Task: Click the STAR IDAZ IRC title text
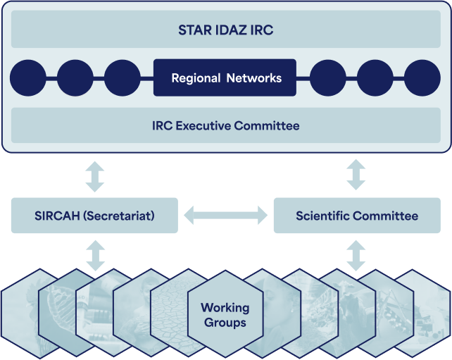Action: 226,30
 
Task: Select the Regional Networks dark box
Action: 225,77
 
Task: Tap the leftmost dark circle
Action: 28,78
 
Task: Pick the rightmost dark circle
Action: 422,78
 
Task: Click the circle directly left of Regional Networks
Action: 123,78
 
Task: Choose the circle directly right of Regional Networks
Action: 328,78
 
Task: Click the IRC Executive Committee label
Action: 226,126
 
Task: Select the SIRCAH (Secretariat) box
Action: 94,216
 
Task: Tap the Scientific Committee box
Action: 357,216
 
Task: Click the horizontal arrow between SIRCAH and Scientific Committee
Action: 226,215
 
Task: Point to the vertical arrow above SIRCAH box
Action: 95,177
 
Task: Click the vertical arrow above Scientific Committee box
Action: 356,175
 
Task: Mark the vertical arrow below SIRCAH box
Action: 96,256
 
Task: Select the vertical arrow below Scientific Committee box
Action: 356,256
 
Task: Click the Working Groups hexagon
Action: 225,315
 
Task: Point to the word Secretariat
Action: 119,216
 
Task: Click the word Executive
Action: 203,126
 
